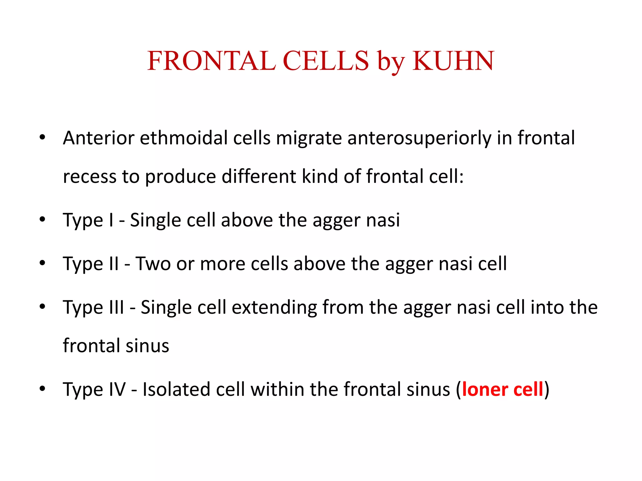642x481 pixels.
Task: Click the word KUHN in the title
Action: coord(453,61)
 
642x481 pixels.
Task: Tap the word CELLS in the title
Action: coord(326,61)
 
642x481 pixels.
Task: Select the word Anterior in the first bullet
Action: coord(98,138)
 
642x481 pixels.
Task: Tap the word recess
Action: coord(90,177)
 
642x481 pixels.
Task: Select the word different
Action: coord(259,176)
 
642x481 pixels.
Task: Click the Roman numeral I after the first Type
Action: coord(111,220)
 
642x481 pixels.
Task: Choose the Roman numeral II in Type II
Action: coord(114,263)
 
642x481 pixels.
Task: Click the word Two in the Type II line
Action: coord(153,263)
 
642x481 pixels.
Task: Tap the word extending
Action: coord(274,308)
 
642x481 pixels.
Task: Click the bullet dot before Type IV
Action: coord(42,389)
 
